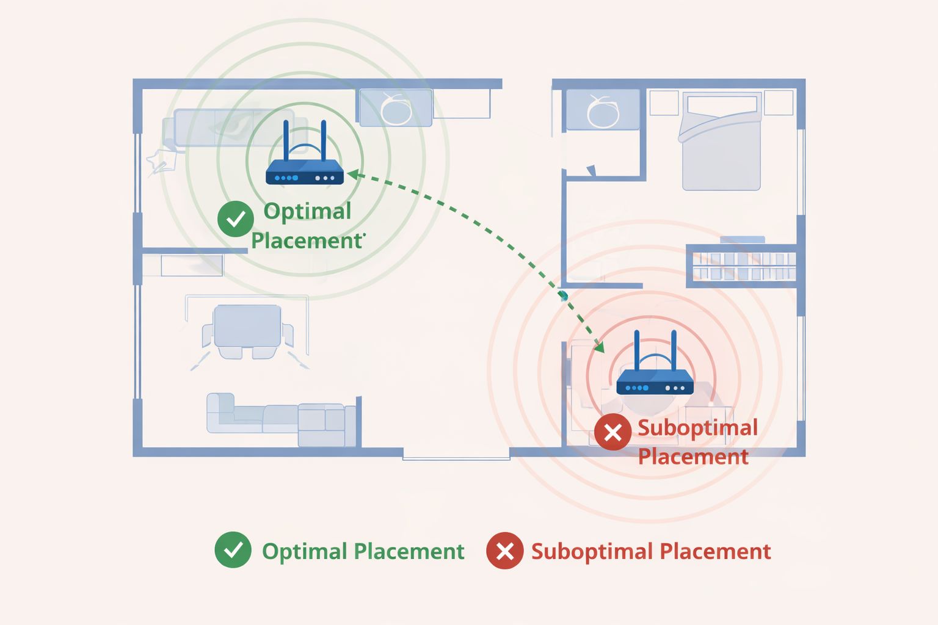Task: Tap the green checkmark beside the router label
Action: pos(236,219)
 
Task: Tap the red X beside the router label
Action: pos(613,432)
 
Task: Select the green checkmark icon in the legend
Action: pos(233,550)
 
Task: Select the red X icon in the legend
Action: pos(504,551)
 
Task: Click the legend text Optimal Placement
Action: pos(363,551)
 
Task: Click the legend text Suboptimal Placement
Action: pos(650,551)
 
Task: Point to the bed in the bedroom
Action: pos(721,143)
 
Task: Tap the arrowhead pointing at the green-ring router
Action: pos(352,175)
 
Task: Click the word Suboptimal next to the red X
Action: pos(697,428)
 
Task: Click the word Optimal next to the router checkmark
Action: pos(307,211)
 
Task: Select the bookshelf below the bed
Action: pos(743,265)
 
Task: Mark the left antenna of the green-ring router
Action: pos(286,140)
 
